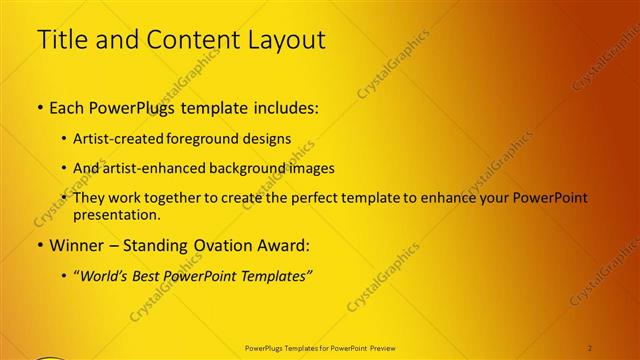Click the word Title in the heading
coord(61,40)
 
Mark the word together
coord(188,198)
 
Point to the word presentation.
coord(116,215)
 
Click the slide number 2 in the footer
coord(590,347)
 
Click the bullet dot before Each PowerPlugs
coord(40,106)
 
